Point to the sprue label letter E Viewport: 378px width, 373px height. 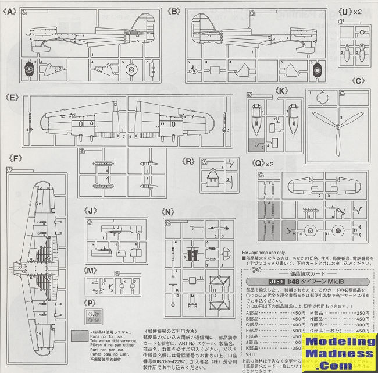(12, 92)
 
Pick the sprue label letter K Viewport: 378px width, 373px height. (283, 91)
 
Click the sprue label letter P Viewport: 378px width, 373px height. (90, 302)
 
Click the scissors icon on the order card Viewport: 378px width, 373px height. (254, 270)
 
